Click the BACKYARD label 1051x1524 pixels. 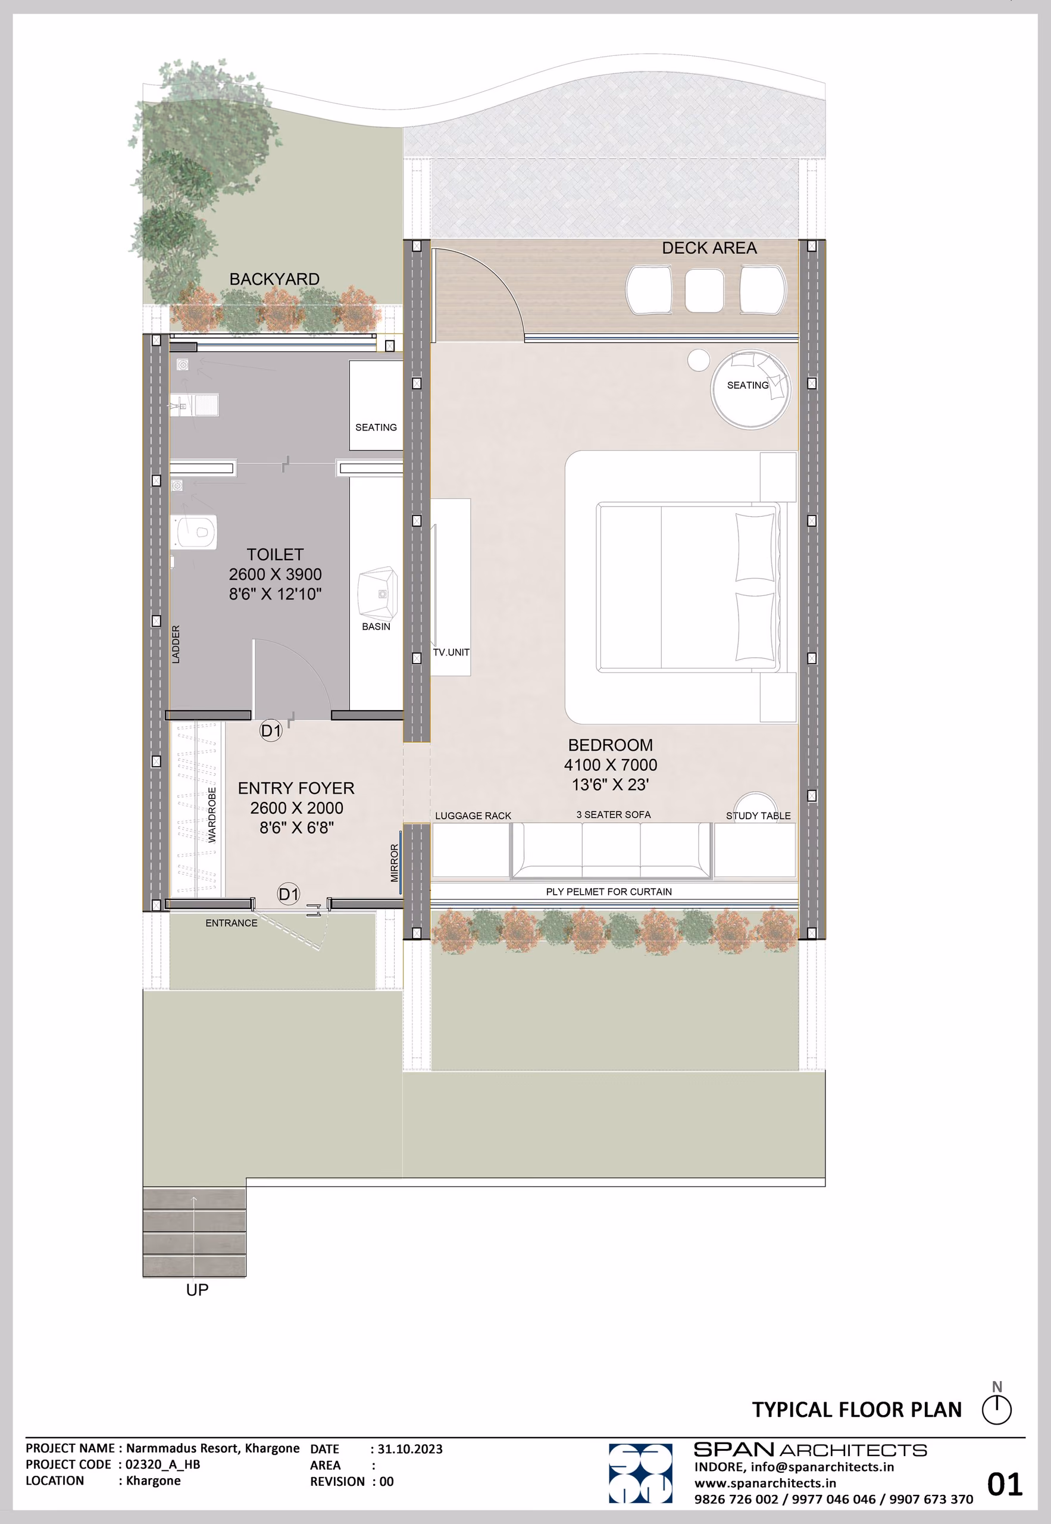coord(274,279)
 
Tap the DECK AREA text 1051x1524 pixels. coord(709,248)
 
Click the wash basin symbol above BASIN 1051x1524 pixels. coord(377,594)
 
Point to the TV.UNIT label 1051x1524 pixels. coord(451,652)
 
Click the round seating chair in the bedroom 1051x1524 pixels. coord(750,389)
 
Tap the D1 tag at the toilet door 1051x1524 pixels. coord(271,730)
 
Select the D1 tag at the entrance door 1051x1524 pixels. coord(289,894)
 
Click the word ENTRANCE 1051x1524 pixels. coord(231,923)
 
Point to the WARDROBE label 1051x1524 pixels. coord(212,815)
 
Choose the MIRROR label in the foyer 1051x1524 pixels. coord(395,863)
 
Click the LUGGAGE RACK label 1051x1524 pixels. coord(473,816)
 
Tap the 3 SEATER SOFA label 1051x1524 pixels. coord(613,815)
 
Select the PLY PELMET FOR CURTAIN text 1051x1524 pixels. coord(608,892)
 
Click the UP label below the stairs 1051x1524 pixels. coord(197,1289)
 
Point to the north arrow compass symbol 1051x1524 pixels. coord(996,1406)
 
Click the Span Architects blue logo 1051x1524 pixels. coord(640,1473)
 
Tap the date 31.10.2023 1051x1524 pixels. coord(409,1449)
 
